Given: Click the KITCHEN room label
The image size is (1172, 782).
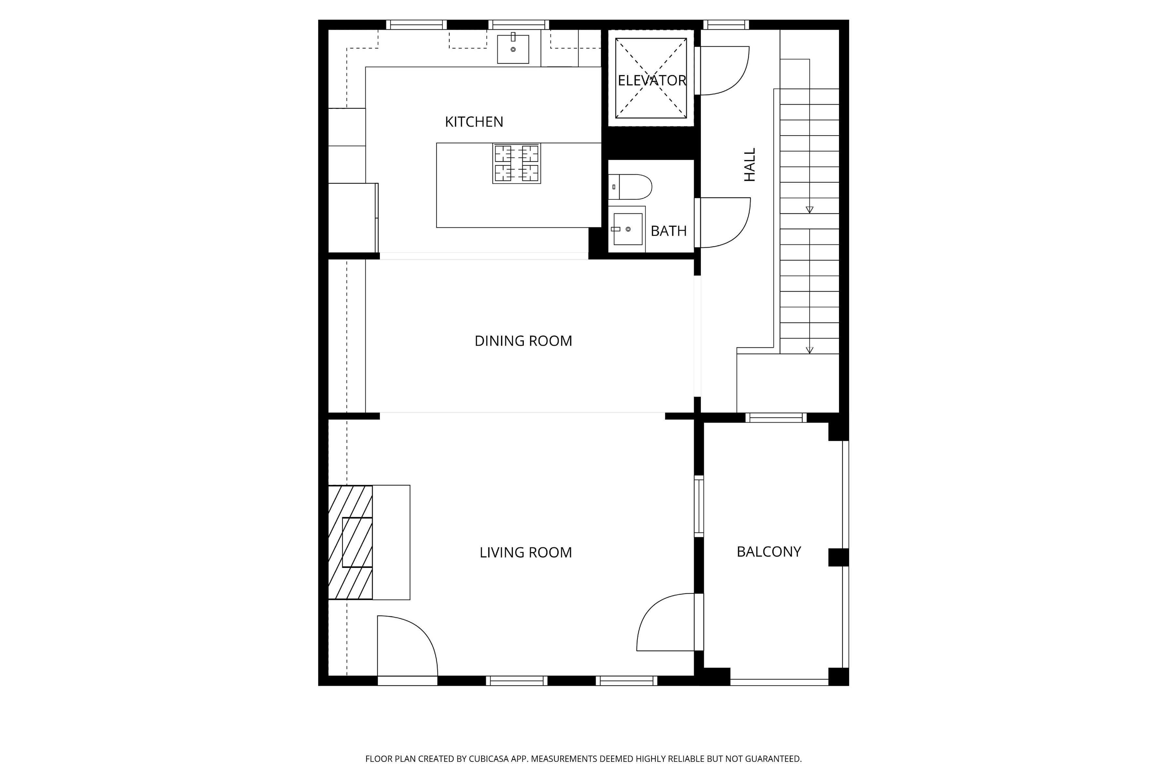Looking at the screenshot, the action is coord(474,122).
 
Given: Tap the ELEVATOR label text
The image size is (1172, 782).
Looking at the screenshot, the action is coord(652,80).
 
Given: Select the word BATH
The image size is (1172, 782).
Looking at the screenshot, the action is coord(669,231).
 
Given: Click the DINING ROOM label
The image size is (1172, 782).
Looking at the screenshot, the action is coord(523,340).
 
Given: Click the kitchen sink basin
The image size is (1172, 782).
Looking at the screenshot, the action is coord(513,49).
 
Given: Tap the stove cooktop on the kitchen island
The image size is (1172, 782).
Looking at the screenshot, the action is coord(517,164).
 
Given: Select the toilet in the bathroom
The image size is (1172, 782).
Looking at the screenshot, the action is coord(630,187).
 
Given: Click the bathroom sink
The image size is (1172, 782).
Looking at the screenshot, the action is coord(627,229).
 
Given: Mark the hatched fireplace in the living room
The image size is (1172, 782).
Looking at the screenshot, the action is coord(350,542).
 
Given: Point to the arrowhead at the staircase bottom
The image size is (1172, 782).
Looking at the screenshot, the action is coord(810,350).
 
